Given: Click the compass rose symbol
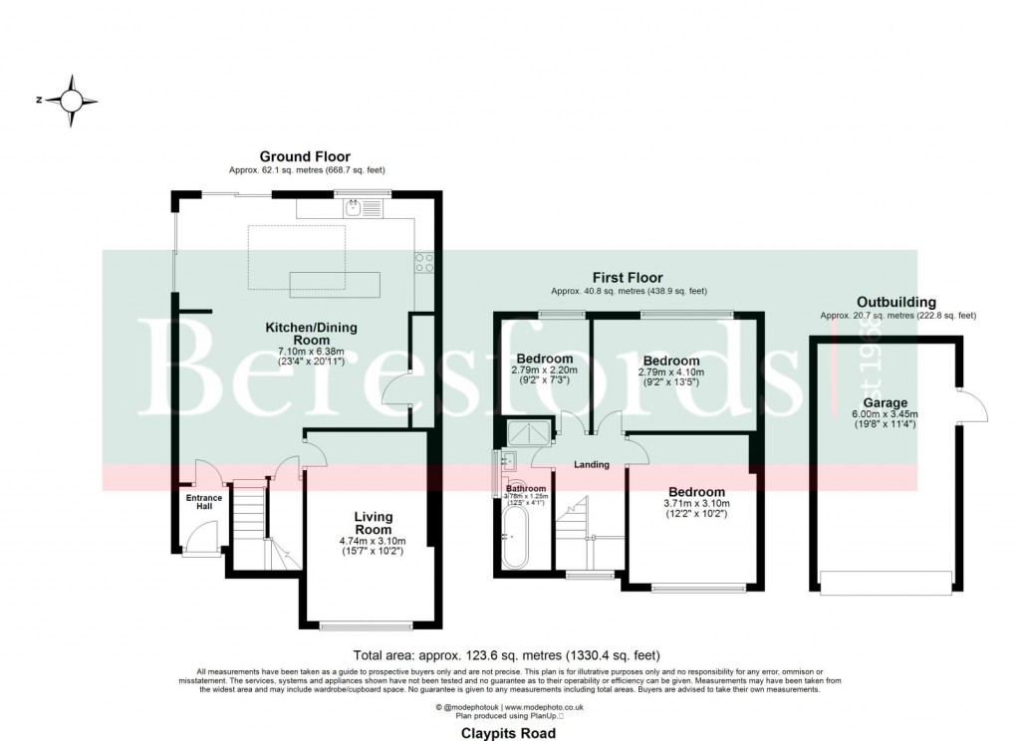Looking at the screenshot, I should click(x=72, y=101).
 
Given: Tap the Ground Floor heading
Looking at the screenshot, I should click(x=305, y=156).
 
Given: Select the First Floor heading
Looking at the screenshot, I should click(x=628, y=278).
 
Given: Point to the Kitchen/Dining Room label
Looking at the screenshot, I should click(x=311, y=328).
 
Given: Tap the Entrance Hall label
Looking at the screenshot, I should click(x=203, y=501).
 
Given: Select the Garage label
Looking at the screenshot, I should click(x=858, y=402).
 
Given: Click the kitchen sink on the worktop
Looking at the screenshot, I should click(x=354, y=208).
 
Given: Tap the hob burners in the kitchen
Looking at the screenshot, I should click(x=422, y=263).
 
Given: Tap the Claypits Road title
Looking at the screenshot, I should click(x=509, y=732).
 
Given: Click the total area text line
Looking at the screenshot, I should click(x=507, y=655).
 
